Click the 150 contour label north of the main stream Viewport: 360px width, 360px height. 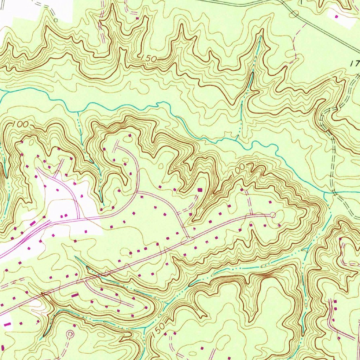149,59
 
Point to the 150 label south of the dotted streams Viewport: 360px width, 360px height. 159,329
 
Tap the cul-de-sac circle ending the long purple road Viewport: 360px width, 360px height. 273,215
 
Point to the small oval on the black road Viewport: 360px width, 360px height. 295,14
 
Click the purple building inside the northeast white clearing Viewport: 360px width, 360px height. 336,16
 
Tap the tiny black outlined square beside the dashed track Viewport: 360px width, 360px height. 56,20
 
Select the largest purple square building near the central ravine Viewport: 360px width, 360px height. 200,189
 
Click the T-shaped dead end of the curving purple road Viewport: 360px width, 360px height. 116,145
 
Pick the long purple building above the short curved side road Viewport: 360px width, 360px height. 75,296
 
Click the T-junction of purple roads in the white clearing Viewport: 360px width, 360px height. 78,218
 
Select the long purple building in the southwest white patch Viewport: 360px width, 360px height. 7,323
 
